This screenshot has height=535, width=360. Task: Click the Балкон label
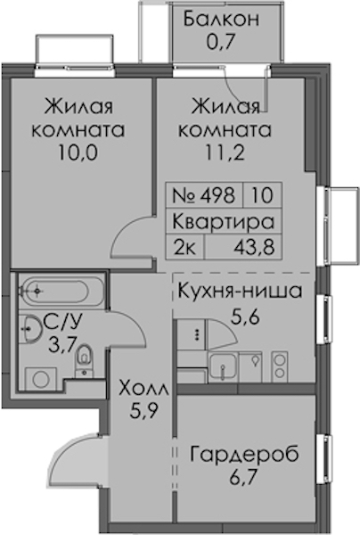coord(221,19)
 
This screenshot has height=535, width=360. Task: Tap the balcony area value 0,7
coord(221,42)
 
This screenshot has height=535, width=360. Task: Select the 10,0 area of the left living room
coord(78,152)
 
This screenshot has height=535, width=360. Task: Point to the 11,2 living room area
coord(225,152)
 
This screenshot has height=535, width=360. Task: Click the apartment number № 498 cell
coord(204,195)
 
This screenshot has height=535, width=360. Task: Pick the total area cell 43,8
coord(254,246)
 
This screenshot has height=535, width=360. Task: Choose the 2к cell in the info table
coord(184,247)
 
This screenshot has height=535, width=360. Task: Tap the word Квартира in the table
coord(224,222)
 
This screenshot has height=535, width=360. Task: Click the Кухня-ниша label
coord(240,292)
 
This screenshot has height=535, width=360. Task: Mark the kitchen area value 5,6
coord(245,317)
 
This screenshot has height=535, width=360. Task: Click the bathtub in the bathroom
coord(61,291)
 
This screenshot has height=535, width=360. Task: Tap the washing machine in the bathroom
coord(41,379)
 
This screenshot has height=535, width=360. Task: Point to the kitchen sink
coord(223,366)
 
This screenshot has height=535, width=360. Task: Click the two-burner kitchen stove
coord(280,366)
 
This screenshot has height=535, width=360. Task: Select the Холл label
coord(143,389)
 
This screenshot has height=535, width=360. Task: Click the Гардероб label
coord(244,455)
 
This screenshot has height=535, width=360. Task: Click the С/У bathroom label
coord(62,322)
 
